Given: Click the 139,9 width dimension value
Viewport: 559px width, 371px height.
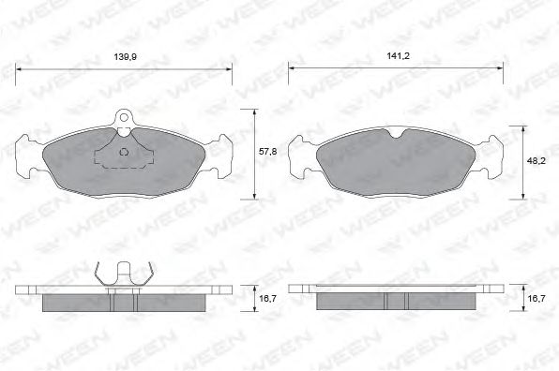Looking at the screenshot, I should tap(123, 58).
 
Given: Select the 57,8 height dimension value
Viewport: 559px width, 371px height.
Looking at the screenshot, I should tap(268, 150).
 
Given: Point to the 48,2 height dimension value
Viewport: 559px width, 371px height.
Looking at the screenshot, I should tap(535, 160).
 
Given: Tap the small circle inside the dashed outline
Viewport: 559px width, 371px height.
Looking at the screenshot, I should tap(125, 151).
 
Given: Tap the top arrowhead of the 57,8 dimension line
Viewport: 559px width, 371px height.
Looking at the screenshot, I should tap(254, 111).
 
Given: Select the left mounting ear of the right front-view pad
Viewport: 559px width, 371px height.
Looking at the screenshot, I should tap(300, 156).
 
